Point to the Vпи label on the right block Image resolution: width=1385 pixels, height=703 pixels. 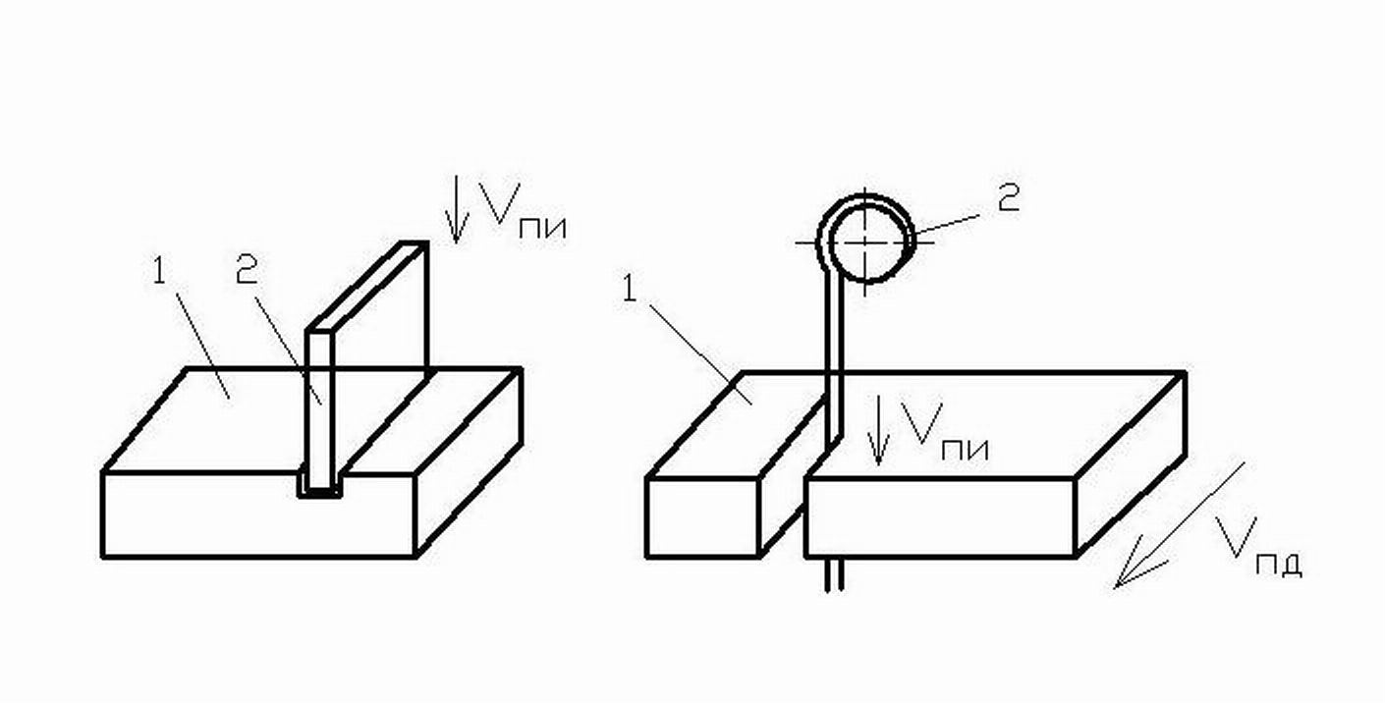click(944, 429)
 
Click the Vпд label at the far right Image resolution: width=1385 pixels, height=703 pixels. click(1257, 546)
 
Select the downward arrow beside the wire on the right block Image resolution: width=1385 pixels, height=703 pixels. click(881, 432)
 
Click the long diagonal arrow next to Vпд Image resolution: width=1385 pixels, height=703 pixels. click(1178, 526)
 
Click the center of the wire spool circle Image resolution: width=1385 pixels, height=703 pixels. click(865, 239)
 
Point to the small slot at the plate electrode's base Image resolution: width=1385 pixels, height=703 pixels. click(320, 488)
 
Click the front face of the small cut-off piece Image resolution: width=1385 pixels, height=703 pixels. click(701, 517)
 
